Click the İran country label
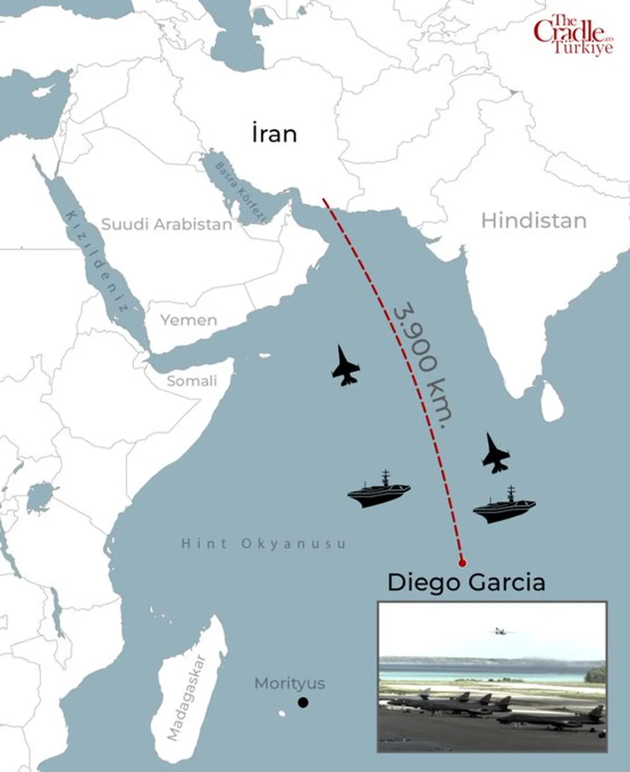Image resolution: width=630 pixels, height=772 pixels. tap(274, 134)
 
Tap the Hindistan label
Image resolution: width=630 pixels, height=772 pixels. tap(534, 221)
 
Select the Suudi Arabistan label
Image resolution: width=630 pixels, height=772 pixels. tap(166, 225)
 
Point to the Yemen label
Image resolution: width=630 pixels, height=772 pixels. tap(189, 320)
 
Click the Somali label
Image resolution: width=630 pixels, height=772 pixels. tap(191, 381)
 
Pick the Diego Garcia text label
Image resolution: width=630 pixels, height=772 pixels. tap(466, 582)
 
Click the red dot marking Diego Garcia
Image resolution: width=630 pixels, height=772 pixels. tap(462, 562)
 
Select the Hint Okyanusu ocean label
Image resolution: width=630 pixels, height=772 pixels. tap(263, 544)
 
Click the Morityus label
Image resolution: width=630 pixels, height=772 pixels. tap(289, 683)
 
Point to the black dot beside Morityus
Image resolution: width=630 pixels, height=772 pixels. tap(303, 703)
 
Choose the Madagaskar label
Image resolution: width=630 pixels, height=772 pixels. tap(186, 698)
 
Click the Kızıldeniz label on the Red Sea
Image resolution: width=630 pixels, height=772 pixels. tap(96, 261)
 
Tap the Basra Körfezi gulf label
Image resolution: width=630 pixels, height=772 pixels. tap(241, 192)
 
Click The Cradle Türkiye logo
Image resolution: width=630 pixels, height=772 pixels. tap(574, 34)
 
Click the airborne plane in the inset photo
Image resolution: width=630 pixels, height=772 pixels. tap(501, 631)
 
